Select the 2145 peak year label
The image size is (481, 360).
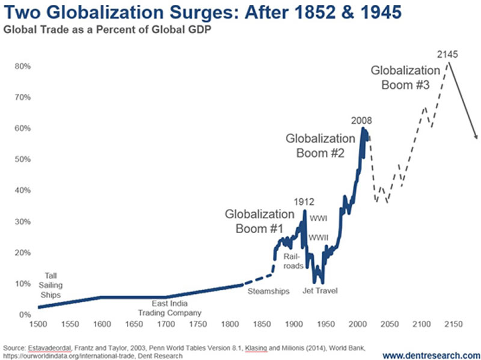(x=448, y=55)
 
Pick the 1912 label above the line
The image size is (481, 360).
(x=305, y=202)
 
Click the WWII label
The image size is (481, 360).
(x=318, y=238)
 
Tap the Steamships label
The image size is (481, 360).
(x=269, y=291)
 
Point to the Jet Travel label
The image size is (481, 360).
(x=320, y=291)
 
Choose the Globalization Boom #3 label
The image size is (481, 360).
(x=405, y=78)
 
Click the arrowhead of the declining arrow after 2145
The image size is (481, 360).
(x=476, y=138)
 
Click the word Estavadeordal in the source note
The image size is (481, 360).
(x=48, y=347)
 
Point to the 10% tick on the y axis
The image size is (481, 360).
(x=23, y=284)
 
